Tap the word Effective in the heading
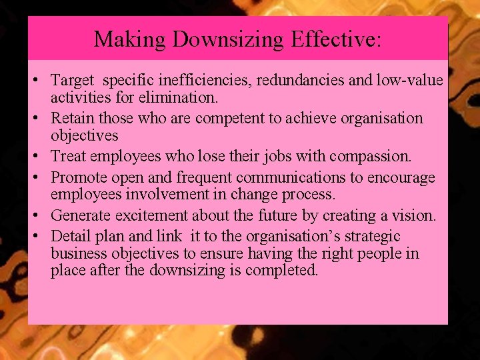click(x=335, y=39)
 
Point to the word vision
click(x=416, y=216)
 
